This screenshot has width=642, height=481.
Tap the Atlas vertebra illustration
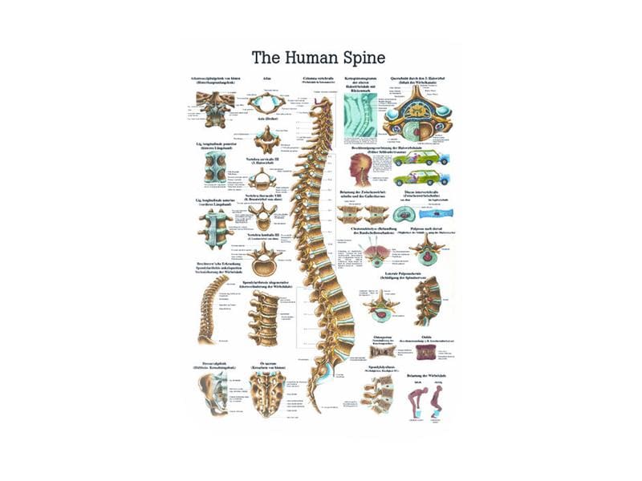(266, 103)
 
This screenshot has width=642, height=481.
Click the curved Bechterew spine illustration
(212, 309)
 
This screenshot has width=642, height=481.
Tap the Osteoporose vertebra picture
(384, 351)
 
